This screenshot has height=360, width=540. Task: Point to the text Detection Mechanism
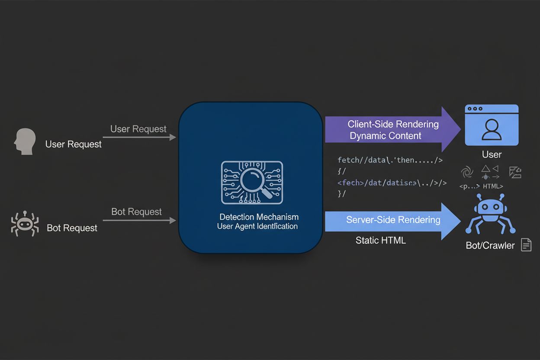pos(259,217)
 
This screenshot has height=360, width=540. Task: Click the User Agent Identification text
pos(257,226)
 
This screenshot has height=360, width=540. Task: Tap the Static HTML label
pos(381,241)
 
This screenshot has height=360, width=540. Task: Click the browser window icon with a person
pos(492,125)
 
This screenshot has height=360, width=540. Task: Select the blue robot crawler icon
pos(490,215)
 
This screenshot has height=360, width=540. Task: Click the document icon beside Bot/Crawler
pos(526,245)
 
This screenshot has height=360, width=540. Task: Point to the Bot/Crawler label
pos(490,245)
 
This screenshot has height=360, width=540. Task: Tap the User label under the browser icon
pos(492,154)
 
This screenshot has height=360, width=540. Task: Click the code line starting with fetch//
pos(390,160)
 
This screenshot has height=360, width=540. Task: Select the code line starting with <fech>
pos(392,183)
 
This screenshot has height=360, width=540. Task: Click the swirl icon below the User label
pos(467,172)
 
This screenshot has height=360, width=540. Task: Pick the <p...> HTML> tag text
pos(481,186)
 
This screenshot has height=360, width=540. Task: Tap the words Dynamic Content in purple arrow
pos(386,136)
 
